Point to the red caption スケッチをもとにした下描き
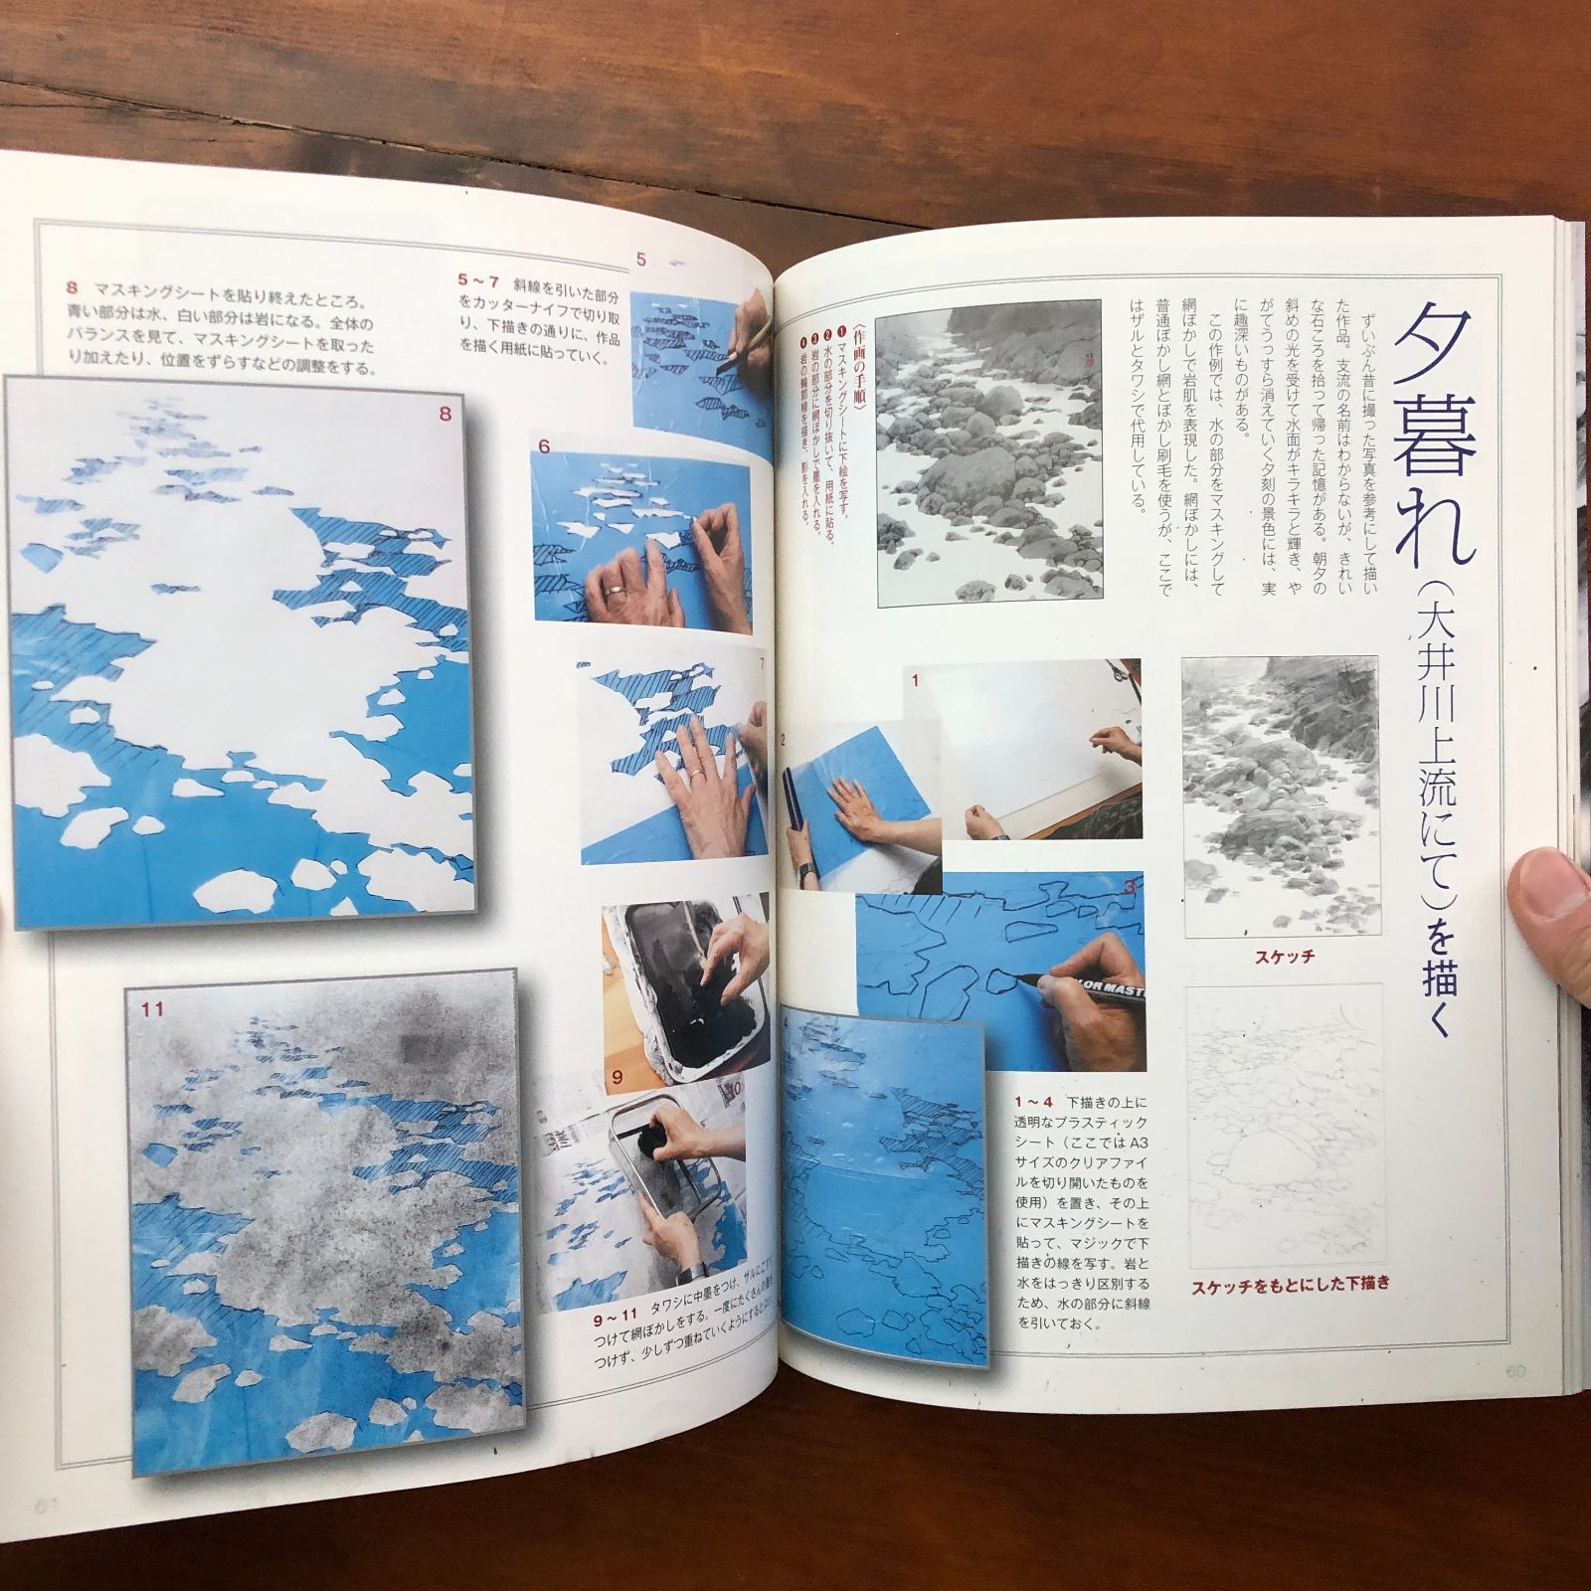coord(1290,1284)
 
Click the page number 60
coord(1515,1372)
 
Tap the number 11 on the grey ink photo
coord(151,1009)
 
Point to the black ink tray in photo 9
coord(686,984)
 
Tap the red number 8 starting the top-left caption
coord(72,288)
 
